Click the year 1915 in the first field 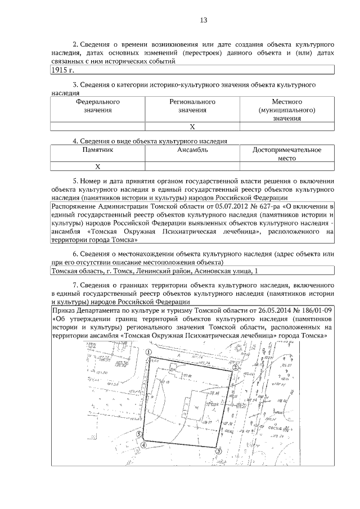59,70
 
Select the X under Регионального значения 192,127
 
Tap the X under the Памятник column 97,166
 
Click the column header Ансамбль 192,150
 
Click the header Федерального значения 98,106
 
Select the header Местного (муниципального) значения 287,110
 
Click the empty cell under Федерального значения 98,127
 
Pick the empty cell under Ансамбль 192,166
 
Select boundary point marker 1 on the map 148,351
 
